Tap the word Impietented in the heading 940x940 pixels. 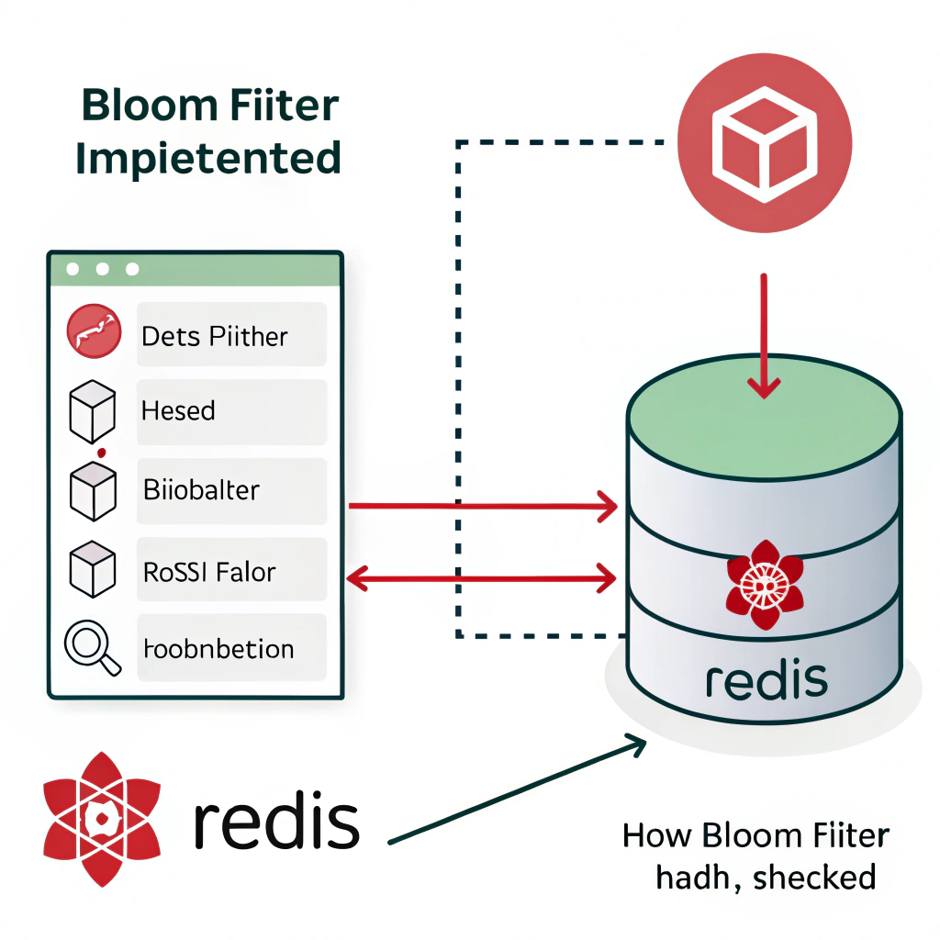pyautogui.click(x=208, y=158)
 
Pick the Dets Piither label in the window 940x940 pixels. pyautogui.click(x=215, y=336)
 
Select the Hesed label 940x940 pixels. pyautogui.click(x=178, y=410)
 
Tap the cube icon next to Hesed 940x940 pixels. pyautogui.click(x=93, y=410)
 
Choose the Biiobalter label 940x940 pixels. pyautogui.click(x=202, y=489)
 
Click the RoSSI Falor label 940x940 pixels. pyautogui.click(x=209, y=572)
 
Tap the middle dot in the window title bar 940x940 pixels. pyautogui.click(x=103, y=270)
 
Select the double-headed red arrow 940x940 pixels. pyautogui.click(x=482, y=578)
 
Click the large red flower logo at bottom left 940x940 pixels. pyautogui.click(x=101, y=819)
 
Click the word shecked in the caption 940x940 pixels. pyautogui.click(x=813, y=878)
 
